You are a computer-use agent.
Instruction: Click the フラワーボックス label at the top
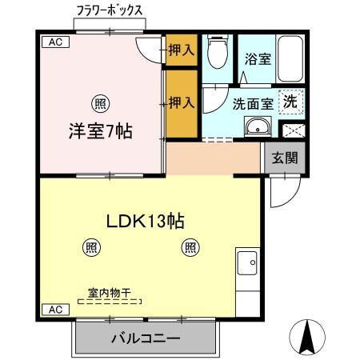pos(110,10)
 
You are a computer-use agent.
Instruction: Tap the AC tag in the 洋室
pos(53,42)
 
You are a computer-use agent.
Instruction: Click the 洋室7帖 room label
pos(98,130)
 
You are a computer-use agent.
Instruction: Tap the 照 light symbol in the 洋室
pos(99,102)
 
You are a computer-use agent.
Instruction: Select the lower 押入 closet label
pos(182,102)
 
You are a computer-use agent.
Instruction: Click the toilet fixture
pos(215,52)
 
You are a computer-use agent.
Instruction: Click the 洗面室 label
pos(250,103)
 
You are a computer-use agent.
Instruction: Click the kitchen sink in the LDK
pos(247,262)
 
